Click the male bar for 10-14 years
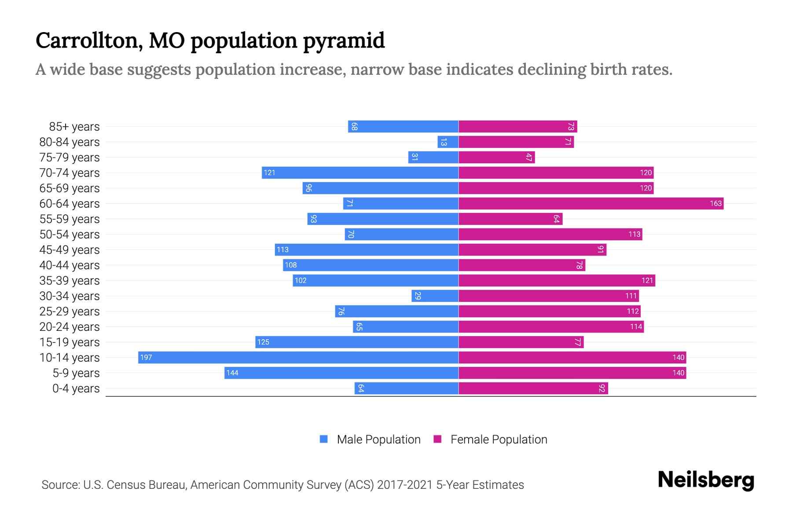(x=298, y=357)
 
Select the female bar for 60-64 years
(x=591, y=203)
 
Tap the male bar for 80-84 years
(x=448, y=142)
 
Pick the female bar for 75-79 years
(x=496, y=157)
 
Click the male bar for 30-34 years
(x=435, y=296)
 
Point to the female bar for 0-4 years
(x=533, y=388)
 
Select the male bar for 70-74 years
(x=360, y=172)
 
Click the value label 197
(x=146, y=357)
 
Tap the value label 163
(x=715, y=203)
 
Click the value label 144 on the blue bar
(x=232, y=373)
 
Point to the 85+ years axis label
(x=74, y=127)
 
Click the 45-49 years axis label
(x=70, y=250)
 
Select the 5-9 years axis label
(x=76, y=373)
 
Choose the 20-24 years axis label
(x=70, y=327)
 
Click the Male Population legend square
(x=324, y=439)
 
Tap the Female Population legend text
(x=499, y=439)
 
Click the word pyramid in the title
(x=344, y=41)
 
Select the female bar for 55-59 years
(x=510, y=219)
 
